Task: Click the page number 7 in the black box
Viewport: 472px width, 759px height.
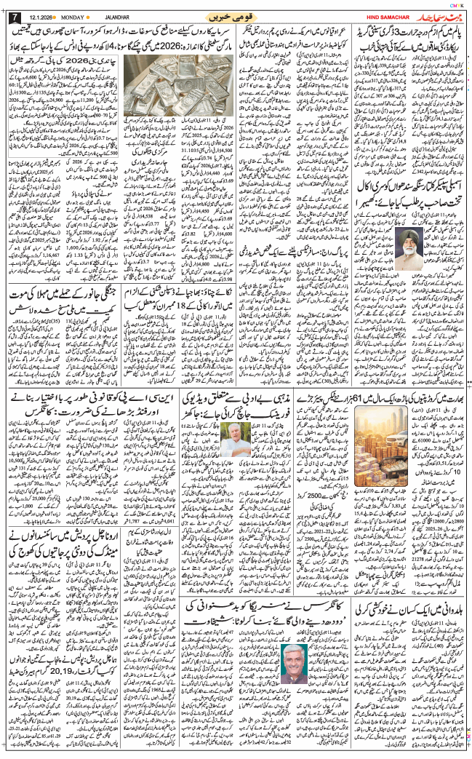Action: click(x=9, y=17)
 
